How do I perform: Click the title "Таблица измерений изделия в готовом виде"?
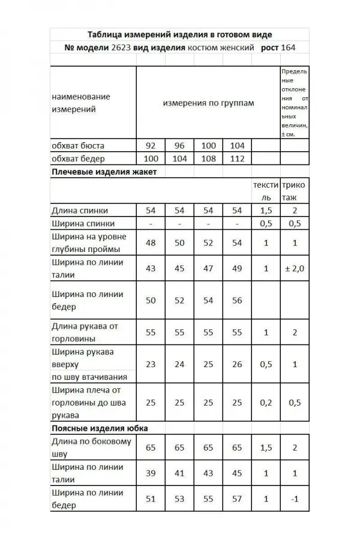pos(179,35)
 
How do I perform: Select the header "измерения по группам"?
pos(208,103)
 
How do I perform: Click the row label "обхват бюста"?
pos(78,146)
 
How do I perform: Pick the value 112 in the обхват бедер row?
pos(236,158)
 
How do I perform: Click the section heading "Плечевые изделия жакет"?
pos(104,172)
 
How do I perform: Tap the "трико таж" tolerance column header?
pos(293,191)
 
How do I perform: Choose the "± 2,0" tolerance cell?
pos(294,268)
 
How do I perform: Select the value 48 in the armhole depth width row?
pos(150,243)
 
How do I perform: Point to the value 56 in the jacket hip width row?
pos(237,300)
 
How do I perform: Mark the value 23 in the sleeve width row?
pos(150,364)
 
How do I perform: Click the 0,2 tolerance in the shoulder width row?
pos(266,403)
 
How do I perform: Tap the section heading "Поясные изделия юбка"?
pos(100,428)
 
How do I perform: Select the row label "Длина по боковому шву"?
pos(91,448)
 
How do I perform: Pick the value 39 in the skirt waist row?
pos(150,473)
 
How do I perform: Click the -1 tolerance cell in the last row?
pos(294,499)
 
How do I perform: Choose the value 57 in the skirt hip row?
pos(237,499)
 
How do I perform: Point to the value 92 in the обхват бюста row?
pos(150,146)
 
